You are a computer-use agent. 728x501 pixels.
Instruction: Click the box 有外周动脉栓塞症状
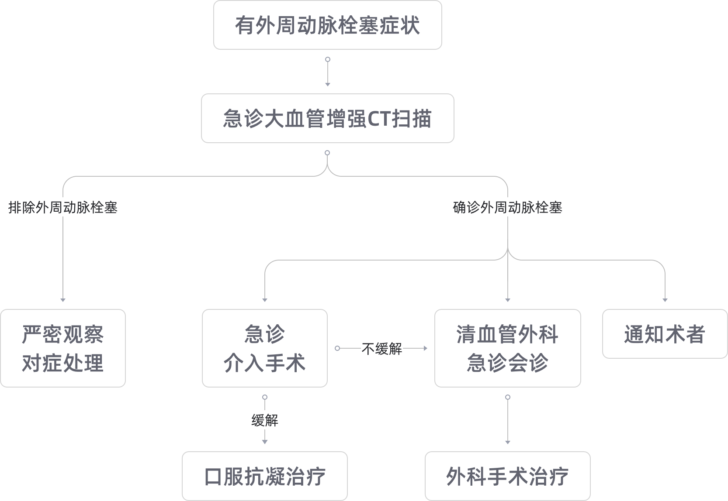[327, 25]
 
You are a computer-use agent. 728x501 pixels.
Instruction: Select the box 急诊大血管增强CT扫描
[327, 118]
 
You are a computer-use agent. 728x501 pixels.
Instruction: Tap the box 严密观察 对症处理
[63, 348]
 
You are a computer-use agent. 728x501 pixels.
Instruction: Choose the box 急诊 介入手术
[264, 348]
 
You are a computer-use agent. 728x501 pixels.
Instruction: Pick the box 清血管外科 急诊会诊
[507, 348]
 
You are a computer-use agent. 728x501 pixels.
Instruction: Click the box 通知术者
[665, 334]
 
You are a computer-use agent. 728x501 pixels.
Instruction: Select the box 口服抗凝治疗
[264, 476]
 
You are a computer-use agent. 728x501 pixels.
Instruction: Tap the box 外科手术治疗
[507, 476]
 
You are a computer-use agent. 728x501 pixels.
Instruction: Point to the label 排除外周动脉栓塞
[63, 207]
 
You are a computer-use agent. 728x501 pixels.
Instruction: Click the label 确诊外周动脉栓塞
[507, 207]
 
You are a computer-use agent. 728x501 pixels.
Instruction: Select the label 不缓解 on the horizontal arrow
[381, 349]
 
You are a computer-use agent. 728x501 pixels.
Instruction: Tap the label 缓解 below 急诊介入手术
[264, 421]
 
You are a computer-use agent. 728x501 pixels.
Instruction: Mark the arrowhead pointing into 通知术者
[665, 300]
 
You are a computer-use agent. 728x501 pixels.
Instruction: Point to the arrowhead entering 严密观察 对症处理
[63, 300]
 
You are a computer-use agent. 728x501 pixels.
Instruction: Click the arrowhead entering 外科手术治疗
[507, 442]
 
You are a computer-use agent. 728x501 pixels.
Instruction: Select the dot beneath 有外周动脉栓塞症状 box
[327, 59]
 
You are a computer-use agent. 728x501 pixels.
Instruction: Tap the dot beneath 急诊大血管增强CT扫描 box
[327, 153]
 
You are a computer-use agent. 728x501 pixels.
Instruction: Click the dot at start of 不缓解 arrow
[337, 348]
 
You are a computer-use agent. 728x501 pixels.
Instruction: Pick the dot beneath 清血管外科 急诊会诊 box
[507, 397]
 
